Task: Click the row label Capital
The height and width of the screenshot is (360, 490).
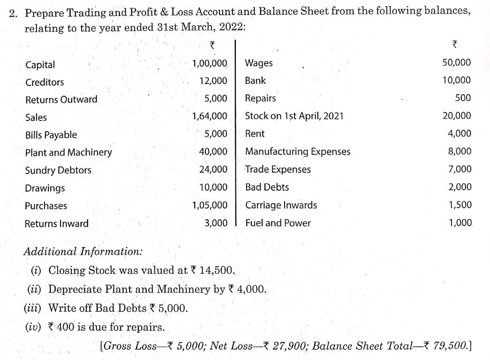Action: tap(40, 65)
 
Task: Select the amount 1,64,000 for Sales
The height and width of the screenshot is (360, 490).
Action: tap(210, 116)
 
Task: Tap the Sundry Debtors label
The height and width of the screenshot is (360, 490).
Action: tap(58, 170)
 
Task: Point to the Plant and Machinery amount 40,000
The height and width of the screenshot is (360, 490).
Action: tap(213, 152)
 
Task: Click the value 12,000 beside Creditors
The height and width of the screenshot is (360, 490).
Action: tap(213, 81)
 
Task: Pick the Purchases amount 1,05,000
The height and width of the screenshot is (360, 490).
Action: tap(210, 205)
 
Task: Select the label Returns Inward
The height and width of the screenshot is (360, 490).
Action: tap(56, 224)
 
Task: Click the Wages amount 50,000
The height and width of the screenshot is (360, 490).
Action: tap(457, 63)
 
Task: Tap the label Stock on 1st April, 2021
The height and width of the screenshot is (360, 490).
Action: tap(294, 116)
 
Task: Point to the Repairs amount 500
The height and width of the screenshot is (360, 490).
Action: tap(463, 98)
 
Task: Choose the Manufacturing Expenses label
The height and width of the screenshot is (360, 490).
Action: tap(298, 151)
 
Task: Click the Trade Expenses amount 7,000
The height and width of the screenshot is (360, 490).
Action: tap(460, 169)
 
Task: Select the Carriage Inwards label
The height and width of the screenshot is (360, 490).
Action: tap(281, 205)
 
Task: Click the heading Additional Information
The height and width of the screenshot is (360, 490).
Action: tap(83, 251)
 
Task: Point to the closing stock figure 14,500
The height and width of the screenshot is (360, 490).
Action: tap(216, 270)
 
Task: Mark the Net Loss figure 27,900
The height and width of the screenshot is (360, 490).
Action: tap(286, 346)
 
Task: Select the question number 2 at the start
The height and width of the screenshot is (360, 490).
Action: tap(13, 11)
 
